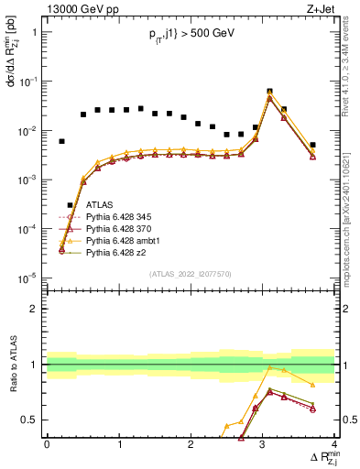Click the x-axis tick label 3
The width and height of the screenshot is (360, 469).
pos(263,444)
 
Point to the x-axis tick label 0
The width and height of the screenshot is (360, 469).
pos(47,444)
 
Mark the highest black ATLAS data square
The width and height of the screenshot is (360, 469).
pos(269,92)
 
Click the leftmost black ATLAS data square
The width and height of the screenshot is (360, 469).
pos(61,141)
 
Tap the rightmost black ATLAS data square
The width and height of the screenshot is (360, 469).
pos(312,145)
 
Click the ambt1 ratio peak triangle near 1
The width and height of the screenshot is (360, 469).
pos(269,368)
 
